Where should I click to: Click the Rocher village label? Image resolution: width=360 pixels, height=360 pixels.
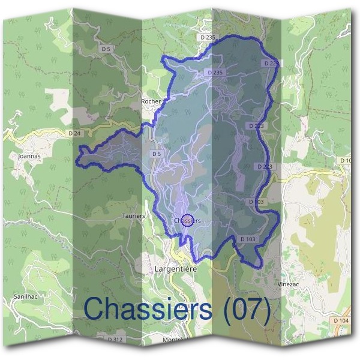pyautogui.click(x=151, y=101)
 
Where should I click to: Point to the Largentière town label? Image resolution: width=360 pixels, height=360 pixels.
pyautogui.click(x=176, y=269)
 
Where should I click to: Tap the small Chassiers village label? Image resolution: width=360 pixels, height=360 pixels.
pyautogui.click(x=187, y=221)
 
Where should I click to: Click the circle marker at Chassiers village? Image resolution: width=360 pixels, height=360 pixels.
pyautogui.click(x=187, y=220)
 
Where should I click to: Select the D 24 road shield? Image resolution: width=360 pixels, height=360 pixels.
pyautogui.click(x=74, y=133)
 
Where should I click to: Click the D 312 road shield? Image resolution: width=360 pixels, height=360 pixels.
pyautogui.click(x=115, y=339)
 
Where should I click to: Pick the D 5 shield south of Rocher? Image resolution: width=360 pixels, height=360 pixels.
pyautogui.click(x=157, y=154)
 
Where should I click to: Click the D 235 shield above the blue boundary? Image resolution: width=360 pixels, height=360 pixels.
pyautogui.click(x=208, y=37)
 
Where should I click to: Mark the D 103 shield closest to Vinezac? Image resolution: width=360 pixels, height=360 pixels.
pyautogui.click(x=248, y=239)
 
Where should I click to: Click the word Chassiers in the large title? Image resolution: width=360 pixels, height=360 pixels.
pyautogui.click(x=148, y=308)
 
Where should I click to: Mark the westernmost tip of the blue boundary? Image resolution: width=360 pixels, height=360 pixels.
pyautogui.click(x=77, y=160)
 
